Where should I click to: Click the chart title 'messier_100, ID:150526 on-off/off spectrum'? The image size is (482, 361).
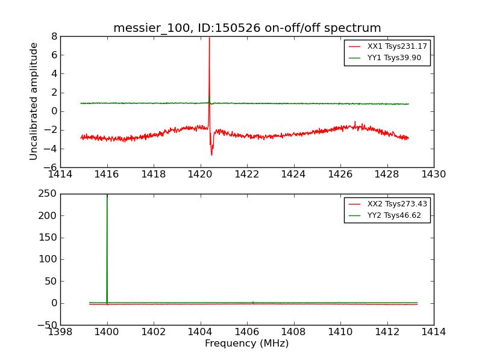tap(247, 28)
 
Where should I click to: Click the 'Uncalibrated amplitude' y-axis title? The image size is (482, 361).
tap(34, 101)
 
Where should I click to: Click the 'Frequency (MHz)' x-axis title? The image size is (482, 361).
tap(246, 344)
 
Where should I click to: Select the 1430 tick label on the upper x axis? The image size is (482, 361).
tap(433, 174)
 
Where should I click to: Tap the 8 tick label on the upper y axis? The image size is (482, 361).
tap(54, 36)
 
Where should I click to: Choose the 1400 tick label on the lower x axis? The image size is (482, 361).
tap(107, 332)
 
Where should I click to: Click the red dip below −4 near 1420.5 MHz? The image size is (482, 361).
tap(211, 154)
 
